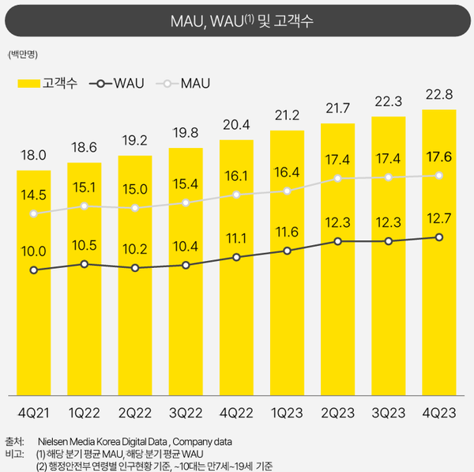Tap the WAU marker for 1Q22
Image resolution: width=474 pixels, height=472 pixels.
pyautogui.click(x=85, y=264)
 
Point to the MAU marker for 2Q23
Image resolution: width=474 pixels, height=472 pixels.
pyautogui.click(x=338, y=179)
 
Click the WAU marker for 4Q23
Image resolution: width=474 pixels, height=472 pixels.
pyautogui.click(x=439, y=237)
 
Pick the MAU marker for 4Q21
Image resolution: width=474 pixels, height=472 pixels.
pyautogui.click(x=34, y=213)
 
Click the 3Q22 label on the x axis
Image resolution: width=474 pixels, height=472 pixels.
pyautogui.click(x=186, y=413)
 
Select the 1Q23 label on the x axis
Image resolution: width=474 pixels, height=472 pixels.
pyautogui.click(x=287, y=413)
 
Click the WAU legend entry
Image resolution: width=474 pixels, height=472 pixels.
pyautogui.click(x=118, y=82)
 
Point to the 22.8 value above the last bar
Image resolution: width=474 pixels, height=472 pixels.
pyautogui.click(x=439, y=95)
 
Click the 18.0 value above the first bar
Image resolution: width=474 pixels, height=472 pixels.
pyautogui.click(x=34, y=156)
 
